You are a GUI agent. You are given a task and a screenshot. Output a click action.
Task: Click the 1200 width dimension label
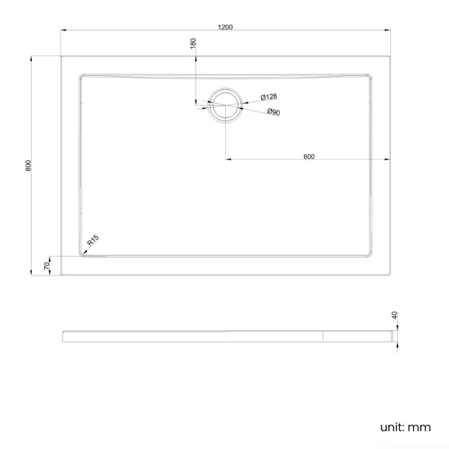pos(224,27)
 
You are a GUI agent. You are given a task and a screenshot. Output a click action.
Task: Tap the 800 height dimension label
pos(28,166)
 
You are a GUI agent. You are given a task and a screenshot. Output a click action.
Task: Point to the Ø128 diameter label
pos(269,98)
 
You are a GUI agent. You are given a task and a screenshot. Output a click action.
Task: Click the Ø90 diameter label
pos(273,112)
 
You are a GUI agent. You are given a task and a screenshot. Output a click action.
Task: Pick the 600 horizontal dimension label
pos(309,156)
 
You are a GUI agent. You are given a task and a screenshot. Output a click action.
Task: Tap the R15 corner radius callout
pos(93,241)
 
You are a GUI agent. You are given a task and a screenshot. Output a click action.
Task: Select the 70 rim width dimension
pos(47,265)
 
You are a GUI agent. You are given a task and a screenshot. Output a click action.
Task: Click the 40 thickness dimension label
pos(394,316)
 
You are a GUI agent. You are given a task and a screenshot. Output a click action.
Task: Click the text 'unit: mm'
pos(405,428)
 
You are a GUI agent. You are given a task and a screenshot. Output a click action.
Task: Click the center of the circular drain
pos(225,106)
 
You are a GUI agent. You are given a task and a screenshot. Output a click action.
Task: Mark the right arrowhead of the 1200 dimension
pos(387,31)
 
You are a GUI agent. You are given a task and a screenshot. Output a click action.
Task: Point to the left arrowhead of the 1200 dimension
pos(62,31)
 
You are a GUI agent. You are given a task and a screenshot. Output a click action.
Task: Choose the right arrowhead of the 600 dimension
pos(387,160)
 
